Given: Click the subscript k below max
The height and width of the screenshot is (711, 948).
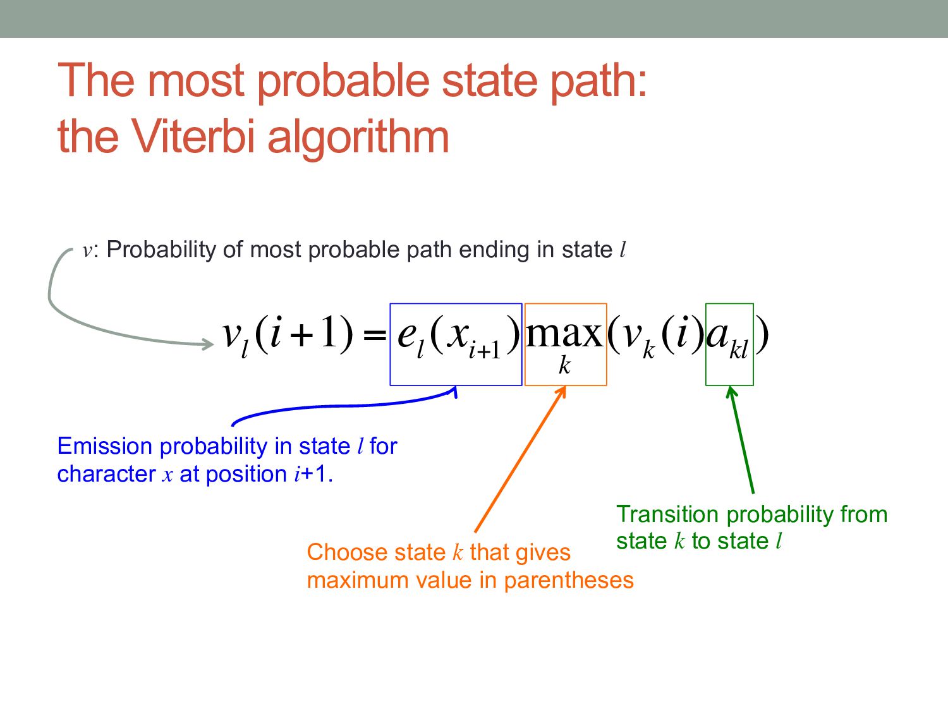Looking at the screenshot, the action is click(564, 365).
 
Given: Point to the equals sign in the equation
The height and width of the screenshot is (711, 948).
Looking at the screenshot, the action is click(374, 335).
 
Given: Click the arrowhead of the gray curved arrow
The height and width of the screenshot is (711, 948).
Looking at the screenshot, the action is click(208, 344).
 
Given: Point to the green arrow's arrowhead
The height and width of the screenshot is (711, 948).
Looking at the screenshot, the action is click(731, 391).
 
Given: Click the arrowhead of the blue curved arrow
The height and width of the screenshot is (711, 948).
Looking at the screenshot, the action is click(454, 391).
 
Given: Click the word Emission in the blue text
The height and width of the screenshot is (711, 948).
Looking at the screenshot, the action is click(104, 446).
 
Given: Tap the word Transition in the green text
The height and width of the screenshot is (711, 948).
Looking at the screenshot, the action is click(667, 514).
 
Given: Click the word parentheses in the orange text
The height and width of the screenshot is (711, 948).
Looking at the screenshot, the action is click(569, 581).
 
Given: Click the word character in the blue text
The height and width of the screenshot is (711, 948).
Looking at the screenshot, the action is click(106, 474).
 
